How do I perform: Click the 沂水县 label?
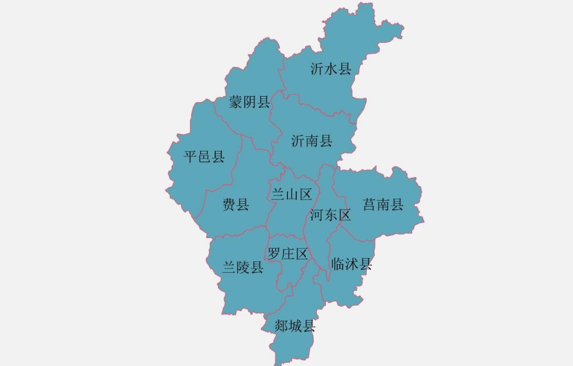click(x=331, y=69)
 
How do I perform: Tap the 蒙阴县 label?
click(x=249, y=102)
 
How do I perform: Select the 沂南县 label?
click(x=312, y=141)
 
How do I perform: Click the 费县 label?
click(x=236, y=205)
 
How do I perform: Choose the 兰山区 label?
click(x=291, y=194)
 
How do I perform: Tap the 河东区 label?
click(x=330, y=215)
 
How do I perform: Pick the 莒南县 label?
click(x=383, y=205)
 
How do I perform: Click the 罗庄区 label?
click(x=288, y=254)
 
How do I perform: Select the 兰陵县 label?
click(x=243, y=268)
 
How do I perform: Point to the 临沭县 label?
click(x=351, y=264)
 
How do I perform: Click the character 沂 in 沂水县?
click(x=318, y=69)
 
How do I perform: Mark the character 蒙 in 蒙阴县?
click(x=236, y=102)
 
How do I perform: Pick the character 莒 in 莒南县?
click(x=370, y=205)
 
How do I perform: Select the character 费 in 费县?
click(x=229, y=205)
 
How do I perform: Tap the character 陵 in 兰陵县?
click(x=243, y=268)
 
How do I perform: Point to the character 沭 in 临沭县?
click(x=351, y=264)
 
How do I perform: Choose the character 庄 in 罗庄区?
click(x=288, y=254)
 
